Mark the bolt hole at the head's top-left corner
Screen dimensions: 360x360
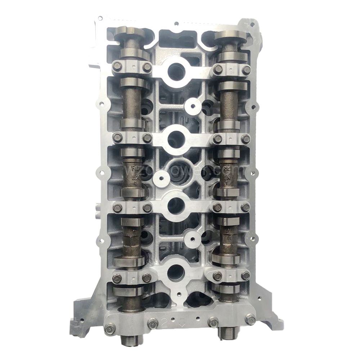tap(100, 18)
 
